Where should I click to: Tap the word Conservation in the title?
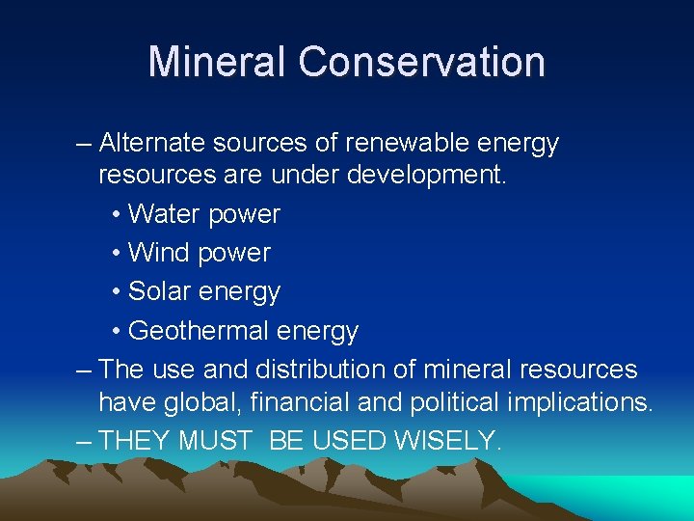click(421, 62)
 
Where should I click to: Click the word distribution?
click(361, 370)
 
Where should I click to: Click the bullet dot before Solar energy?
click(116, 292)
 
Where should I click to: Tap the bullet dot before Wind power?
click(116, 254)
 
